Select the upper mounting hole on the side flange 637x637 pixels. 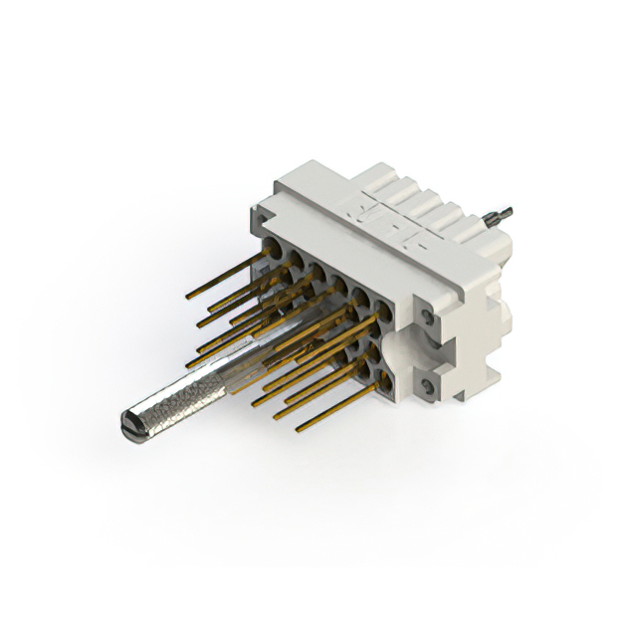tap(427, 318)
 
